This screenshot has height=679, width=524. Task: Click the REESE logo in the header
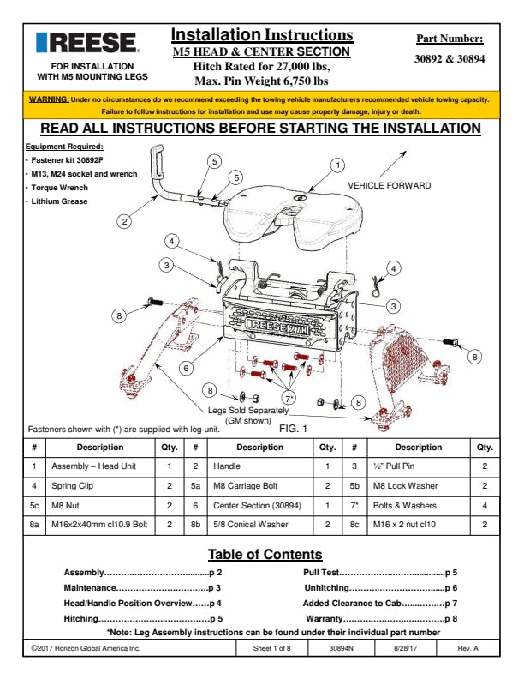click(x=86, y=43)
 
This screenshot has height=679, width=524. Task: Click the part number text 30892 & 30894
click(x=449, y=59)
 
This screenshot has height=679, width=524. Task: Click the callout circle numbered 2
click(x=125, y=221)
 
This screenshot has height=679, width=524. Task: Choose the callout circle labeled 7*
click(x=290, y=397)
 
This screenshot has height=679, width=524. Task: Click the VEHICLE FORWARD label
click(x=390, y=186)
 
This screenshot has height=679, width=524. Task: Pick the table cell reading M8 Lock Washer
click(x=400, y=485)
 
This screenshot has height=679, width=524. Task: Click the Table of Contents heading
click(x=265, y=554)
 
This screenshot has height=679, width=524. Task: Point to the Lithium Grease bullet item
click(x=61, y=201)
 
